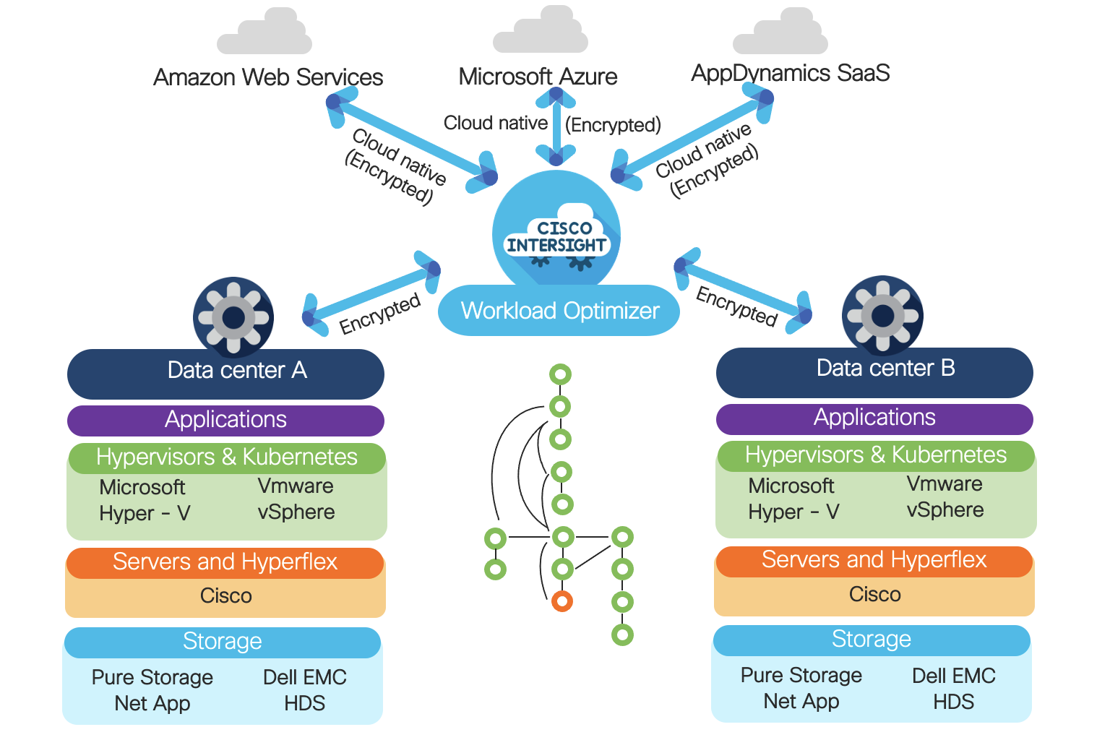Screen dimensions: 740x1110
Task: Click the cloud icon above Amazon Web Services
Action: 264,33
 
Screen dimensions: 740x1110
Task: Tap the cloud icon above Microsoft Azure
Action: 540,30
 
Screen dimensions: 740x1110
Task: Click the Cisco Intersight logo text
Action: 556,237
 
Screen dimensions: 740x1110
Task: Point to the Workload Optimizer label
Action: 559,311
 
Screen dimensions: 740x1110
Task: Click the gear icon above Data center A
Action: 233,317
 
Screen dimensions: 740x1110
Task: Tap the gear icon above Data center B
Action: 882,316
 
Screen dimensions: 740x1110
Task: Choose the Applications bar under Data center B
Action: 874,418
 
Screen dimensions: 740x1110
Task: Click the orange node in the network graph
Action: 562,601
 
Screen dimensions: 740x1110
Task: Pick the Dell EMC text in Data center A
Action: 304,677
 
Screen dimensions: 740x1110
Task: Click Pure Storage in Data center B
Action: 801,675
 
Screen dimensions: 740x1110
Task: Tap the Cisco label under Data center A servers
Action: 225,596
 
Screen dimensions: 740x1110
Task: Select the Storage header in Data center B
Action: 871,640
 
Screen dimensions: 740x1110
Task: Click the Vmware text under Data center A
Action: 296,486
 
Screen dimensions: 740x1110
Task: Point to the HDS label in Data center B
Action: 953,702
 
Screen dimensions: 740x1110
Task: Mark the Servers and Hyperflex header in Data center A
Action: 225,562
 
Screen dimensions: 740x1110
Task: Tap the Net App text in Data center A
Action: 152,703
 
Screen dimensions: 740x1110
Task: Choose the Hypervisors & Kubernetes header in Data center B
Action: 875,455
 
